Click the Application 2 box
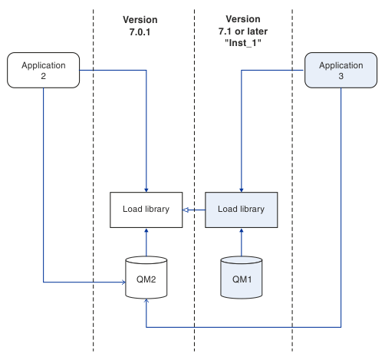pos(43,71)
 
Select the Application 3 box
pos(341,71)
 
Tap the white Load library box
pos(146,210)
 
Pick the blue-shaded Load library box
pos(242,210)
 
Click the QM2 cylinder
pos(146,278)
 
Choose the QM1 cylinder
pos(242,278)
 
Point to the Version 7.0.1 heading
pos(140,26)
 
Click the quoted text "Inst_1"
pos(243,43)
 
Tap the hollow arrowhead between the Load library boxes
pos(186,210)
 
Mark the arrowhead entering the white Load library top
pos(146,190)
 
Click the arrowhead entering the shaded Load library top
pos(242,190)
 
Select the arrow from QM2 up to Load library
pos(146,243)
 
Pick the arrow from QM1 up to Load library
pos(242,243)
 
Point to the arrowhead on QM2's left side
pos(123,282)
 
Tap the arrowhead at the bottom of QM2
pos(146,301)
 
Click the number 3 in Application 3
pos(341,76)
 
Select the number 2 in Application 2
pos(43,76)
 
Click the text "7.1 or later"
pos(243,31)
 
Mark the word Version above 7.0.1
pos(140,20)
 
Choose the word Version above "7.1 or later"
pos(243,19)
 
